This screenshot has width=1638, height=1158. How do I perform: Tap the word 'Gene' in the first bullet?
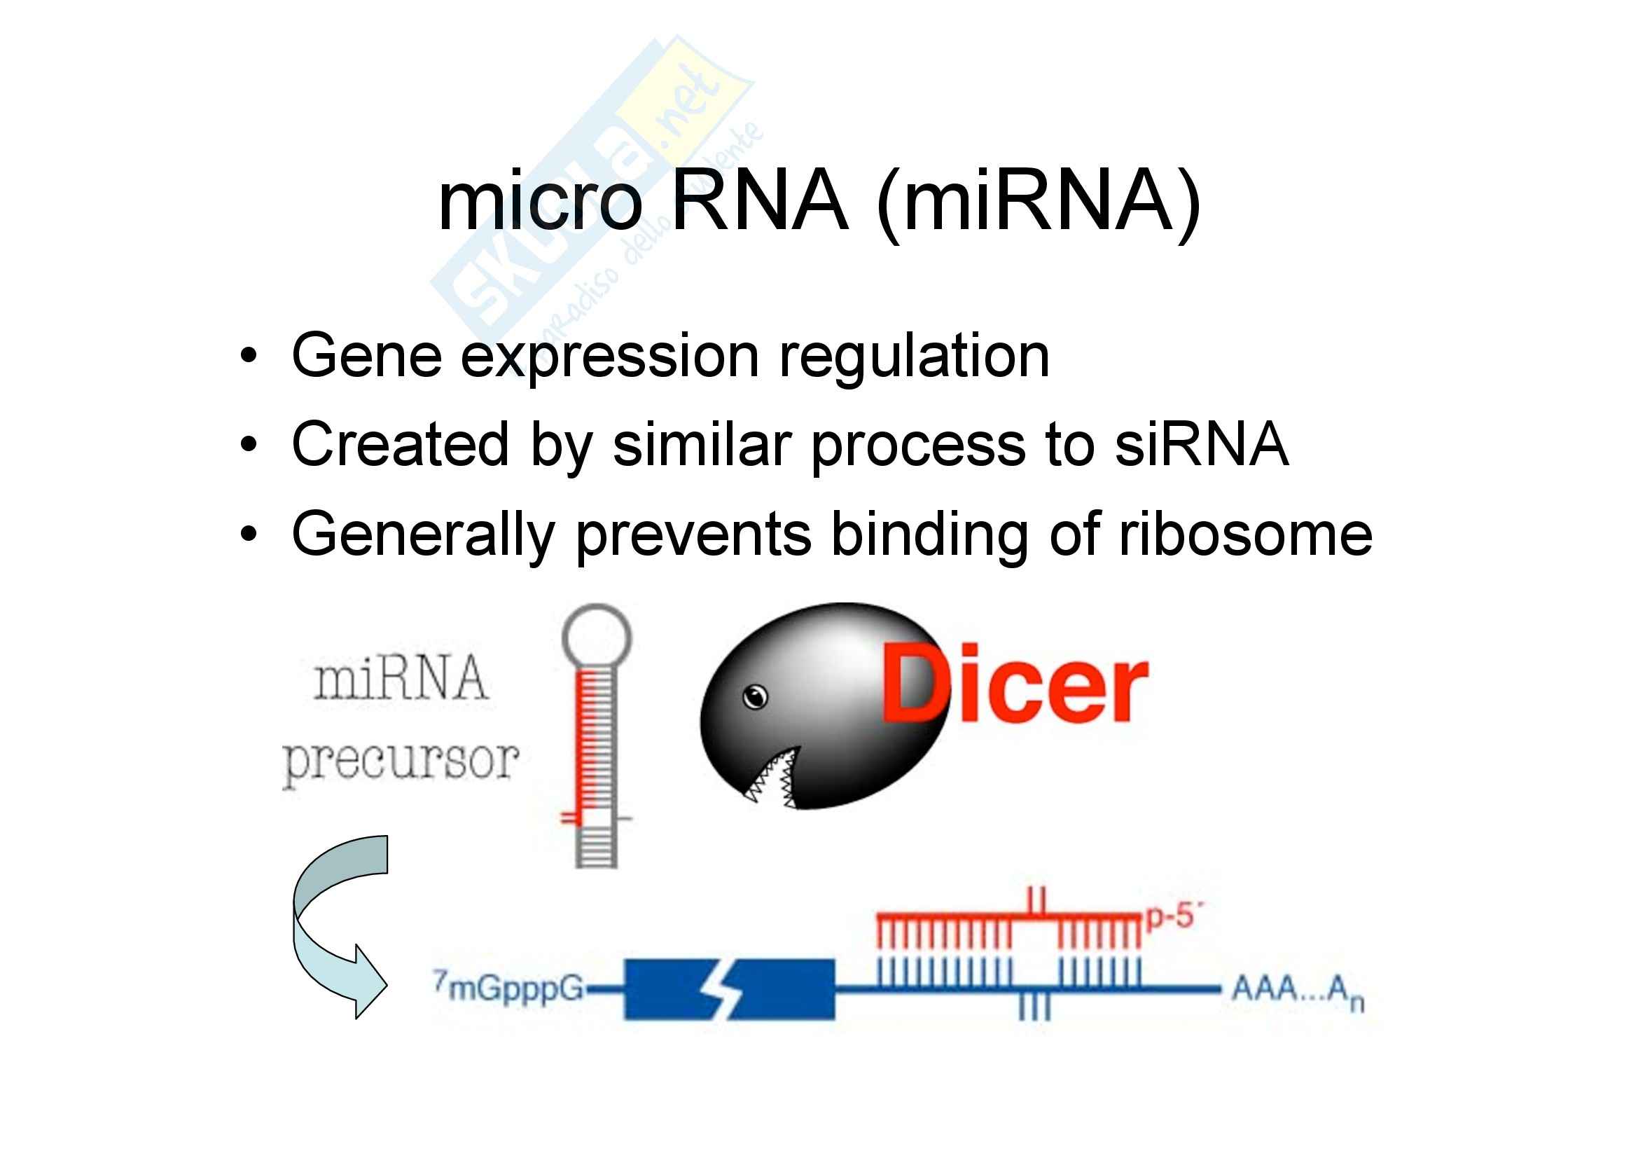[367, 356]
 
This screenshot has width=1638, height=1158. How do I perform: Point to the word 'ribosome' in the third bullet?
[1245, 534]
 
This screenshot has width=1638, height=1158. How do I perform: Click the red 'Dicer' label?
[1013, 684]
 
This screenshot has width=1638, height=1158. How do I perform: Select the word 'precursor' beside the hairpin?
[401, 762]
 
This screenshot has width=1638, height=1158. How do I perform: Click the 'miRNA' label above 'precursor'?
[401, 680]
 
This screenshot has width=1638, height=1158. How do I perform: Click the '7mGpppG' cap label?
[508, 988]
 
